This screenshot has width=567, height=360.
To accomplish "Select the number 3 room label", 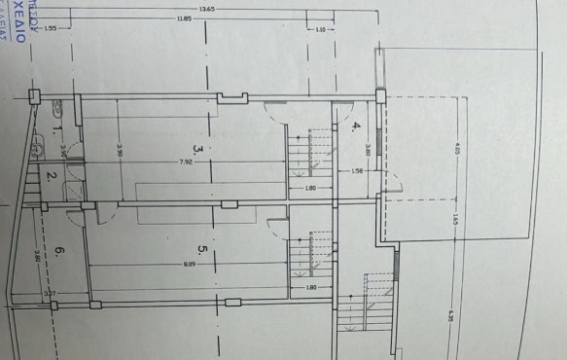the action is [196, 150].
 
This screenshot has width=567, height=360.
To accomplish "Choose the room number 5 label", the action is [202, 250].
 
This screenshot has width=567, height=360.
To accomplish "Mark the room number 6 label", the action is [59, 251].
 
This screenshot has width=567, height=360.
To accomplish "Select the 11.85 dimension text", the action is [185, 18].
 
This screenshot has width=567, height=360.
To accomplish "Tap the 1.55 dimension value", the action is [52, 29].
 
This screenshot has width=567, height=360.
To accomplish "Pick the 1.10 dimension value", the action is [322, 29].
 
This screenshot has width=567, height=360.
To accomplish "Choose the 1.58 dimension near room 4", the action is [358, 172].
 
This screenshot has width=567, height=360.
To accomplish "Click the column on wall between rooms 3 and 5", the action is [229, 204].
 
